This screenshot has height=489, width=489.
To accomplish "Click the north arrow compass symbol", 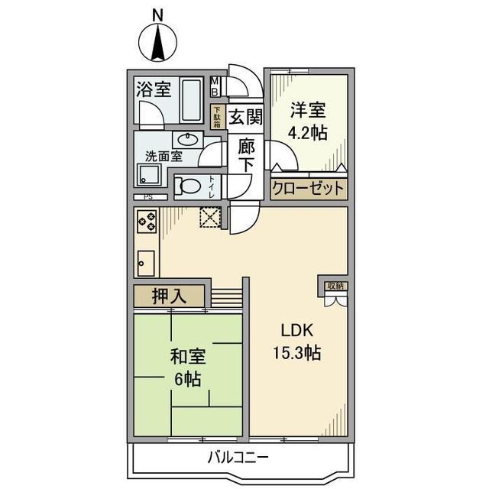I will click(158, 43).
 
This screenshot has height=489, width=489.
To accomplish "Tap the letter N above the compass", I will click(157, 13).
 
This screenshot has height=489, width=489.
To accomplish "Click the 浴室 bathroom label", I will click(154, 89).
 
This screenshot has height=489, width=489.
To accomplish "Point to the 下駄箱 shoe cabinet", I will click(216, 116).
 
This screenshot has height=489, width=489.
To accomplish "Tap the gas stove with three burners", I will click(147, 222).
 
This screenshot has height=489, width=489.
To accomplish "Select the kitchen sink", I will click(146, 263).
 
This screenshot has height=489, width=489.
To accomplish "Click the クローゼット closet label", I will click(308, 189).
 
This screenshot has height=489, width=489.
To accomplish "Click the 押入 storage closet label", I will click(169, 296).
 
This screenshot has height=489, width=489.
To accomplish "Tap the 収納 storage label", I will click(332, 286).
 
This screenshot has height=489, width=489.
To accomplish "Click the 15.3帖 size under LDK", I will click(297, 354).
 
